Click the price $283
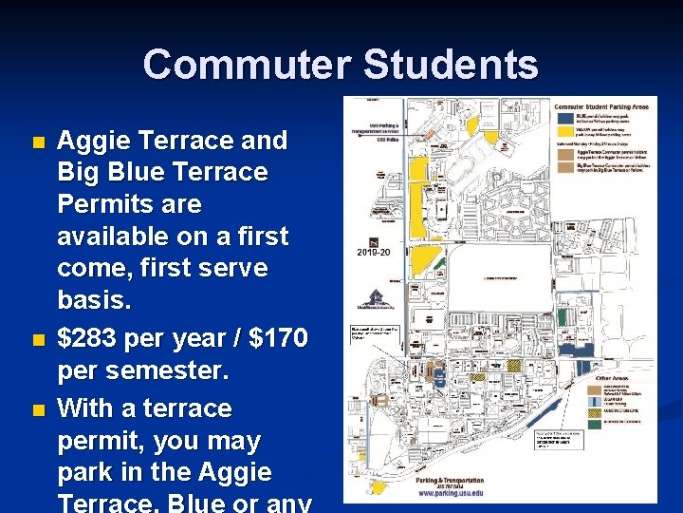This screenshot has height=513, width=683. (92, 337)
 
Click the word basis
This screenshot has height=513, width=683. (96, 299)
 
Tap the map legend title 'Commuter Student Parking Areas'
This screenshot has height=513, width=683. (602, 107)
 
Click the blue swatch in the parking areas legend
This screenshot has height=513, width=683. (563, 119)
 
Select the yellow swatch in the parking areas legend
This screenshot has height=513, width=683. (563, 132)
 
